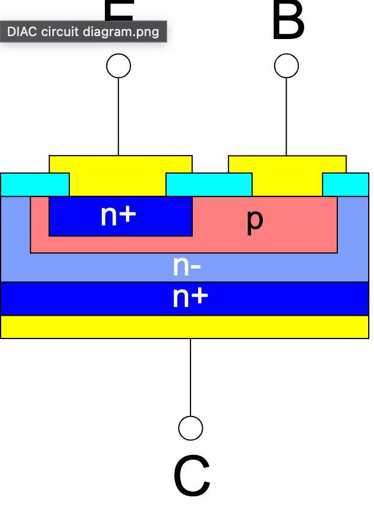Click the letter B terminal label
click(x=288, y=22)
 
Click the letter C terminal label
click(x=191, y=477)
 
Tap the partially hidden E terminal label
click(x=119, y=12)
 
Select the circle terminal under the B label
click(x=286, y=66)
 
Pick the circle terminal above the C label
click(x=190, y=428)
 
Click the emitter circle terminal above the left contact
click(x=119, y=66)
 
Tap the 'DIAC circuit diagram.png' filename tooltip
click(x=83, y=31)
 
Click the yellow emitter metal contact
click(x=119, y=175)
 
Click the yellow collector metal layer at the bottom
click(x=185, y=327)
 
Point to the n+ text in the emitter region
click(x=118, y=216)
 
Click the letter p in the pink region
click(x=255, y=220)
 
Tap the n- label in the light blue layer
click(x=187, y=266)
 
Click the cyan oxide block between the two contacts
click(x=209, y=185)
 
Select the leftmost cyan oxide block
click(x=35, y=185)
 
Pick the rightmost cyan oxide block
click(x=345, y=185)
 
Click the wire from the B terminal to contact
click(x=286, y=117)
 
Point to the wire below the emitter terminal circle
click(x=119, y=117)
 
